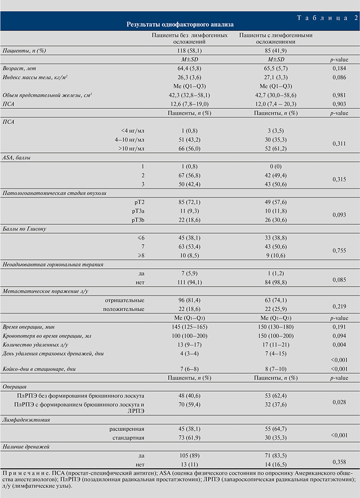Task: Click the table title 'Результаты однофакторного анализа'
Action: pos(179,23)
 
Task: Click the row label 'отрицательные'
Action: pos(124,300)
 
